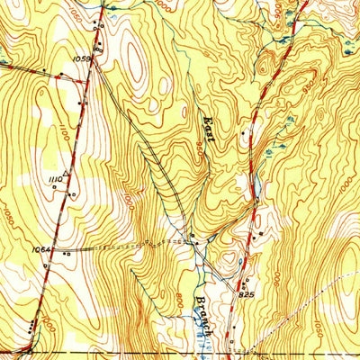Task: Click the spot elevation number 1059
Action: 82,59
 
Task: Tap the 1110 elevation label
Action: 53,180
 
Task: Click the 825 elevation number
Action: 247,293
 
